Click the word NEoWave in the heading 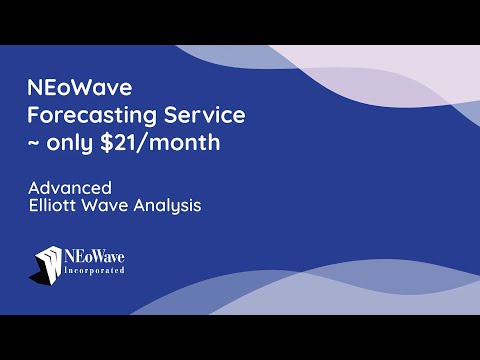70,89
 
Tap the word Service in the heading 198,115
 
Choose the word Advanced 69,188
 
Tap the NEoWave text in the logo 96,256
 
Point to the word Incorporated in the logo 96,272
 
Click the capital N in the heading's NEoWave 35,89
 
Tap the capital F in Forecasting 33,115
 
